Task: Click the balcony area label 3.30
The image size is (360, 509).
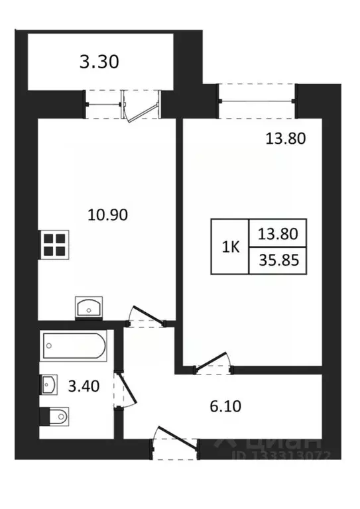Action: point(99,63)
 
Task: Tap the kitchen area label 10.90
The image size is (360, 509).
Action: point(107,214)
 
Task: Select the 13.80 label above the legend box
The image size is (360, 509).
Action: point(281,139)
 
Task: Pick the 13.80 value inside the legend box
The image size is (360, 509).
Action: point(277,233)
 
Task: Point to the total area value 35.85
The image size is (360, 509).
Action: point(277,260)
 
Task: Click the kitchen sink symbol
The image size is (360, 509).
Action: point(88,308)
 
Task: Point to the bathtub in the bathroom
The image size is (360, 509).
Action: point(74,347)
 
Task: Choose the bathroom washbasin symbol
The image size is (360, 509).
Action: point(50,384)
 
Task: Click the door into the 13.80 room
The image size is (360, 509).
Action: point(211,364)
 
